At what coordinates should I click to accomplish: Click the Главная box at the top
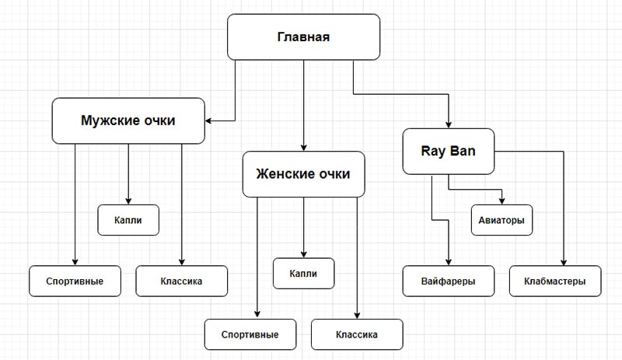point(303,37)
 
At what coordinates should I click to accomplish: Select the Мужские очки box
point(128,121)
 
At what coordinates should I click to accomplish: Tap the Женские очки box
point(303,173)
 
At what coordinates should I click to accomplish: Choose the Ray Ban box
point(449,151)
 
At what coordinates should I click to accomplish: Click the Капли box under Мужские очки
point(128,220)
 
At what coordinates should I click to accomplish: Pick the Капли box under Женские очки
point(303,273)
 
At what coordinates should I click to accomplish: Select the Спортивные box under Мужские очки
point(75,281)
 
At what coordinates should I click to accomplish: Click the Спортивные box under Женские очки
point(250,334)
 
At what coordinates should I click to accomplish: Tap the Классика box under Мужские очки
point(182,281)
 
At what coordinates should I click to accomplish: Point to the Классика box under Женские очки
point(357,334)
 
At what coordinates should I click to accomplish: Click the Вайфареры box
point(449,281)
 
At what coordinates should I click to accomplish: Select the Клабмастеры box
point(555,281)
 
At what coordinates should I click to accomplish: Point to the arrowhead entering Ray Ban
point(449,123)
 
